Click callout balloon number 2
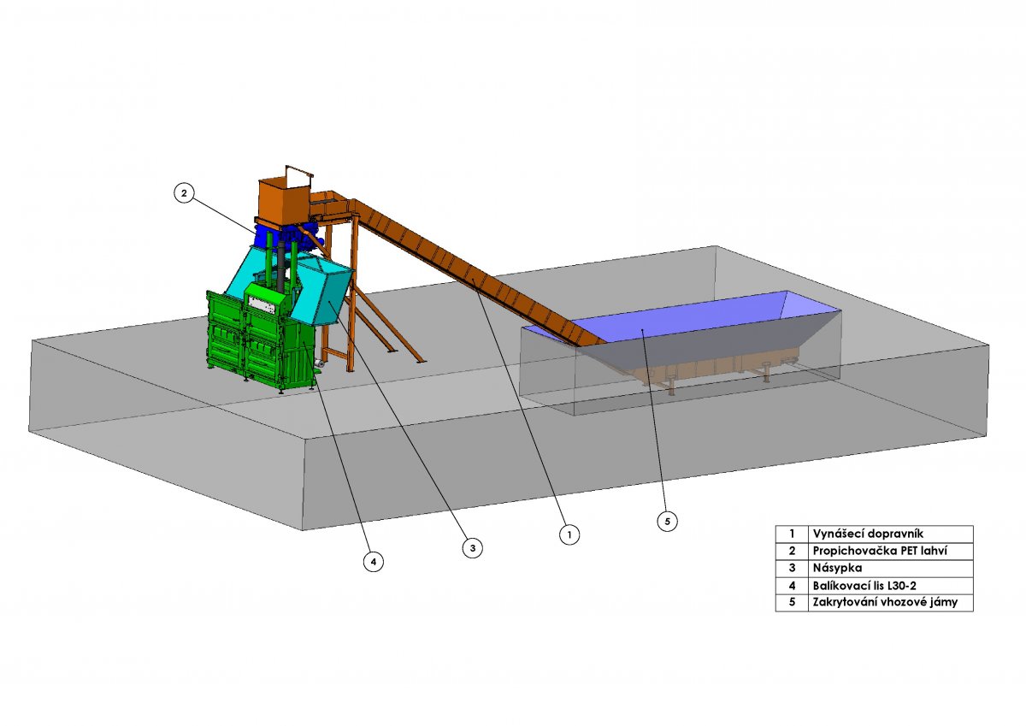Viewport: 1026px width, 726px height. (x=184, y=193)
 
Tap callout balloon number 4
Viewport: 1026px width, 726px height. (x=374, y=562)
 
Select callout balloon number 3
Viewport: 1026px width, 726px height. (x=473, y=548)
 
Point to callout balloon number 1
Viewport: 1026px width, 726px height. (x=569, y=534)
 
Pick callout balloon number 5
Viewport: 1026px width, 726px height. (x=668, y=522)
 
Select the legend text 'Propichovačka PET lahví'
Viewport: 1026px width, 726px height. (x=880, y=551)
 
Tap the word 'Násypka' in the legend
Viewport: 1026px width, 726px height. (x=838, y=568)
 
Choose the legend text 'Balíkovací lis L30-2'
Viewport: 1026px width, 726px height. (x=864, y=586)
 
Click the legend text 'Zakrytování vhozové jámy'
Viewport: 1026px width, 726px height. (x=886, y=602)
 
